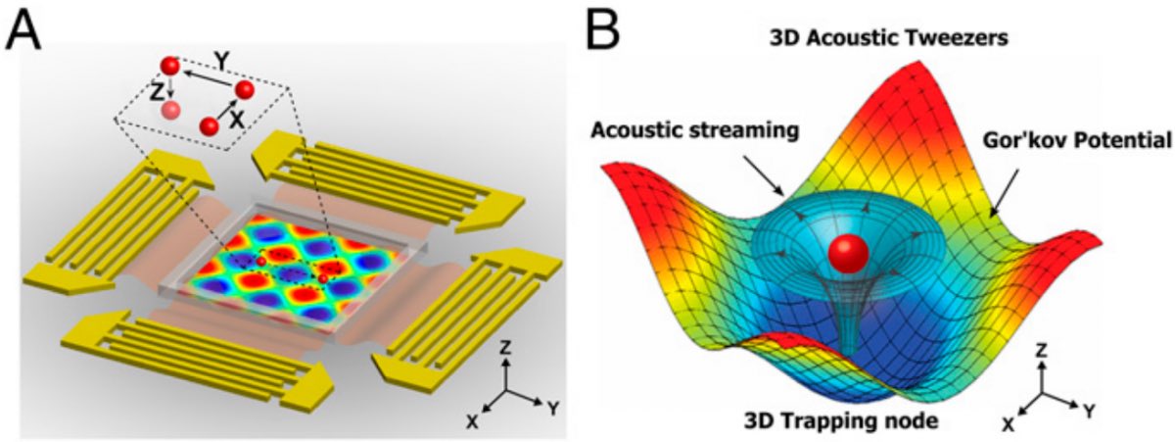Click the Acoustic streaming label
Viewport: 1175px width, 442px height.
coord(698,130)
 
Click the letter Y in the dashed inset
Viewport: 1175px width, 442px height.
coord(223,61)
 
